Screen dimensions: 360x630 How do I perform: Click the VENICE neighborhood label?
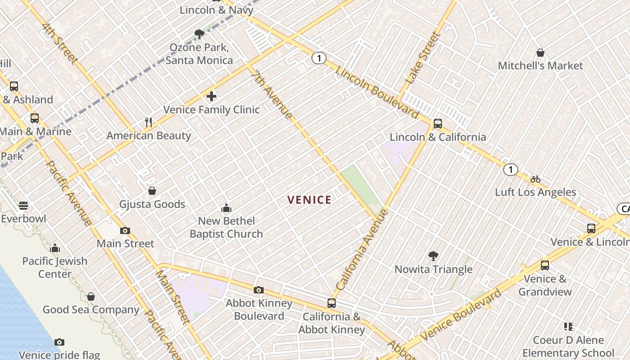(309, 200)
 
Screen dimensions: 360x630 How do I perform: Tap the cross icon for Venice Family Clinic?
(211, 96)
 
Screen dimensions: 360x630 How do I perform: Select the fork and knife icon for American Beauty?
(149, 122)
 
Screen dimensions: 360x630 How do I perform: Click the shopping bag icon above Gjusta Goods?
(152, 191)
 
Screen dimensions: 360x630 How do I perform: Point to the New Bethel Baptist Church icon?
(226, 208)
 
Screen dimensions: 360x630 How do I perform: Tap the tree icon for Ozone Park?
(199, 34)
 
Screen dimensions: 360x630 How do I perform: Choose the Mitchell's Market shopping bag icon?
(540, 53)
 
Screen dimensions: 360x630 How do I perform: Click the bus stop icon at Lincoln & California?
(437, 124)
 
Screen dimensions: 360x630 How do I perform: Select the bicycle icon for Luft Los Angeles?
(535, 179)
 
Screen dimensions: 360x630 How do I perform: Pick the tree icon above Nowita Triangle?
(433, 256)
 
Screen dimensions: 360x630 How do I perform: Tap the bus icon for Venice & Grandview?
(544, 265)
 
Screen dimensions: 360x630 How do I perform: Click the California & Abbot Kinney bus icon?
(331, 303)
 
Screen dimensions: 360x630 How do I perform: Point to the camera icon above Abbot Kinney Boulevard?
(259, 290)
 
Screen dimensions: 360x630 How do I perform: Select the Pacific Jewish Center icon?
(55, 248)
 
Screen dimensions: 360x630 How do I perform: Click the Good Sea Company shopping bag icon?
(91, 297)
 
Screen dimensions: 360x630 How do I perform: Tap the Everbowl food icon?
(23, 206)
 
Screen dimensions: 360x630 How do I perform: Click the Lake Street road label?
(422, 58)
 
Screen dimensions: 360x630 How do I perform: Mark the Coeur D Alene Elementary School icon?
(568, 327)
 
